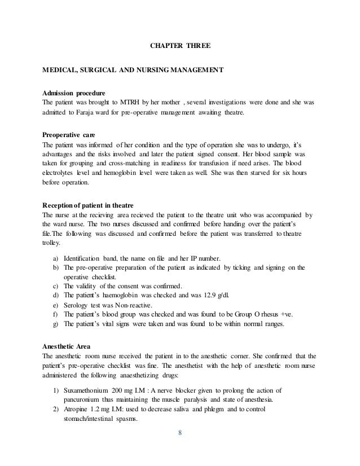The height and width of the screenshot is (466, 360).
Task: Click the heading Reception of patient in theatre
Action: click(x=94, y=206)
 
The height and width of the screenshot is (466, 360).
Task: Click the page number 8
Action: click(x=180, y=433)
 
